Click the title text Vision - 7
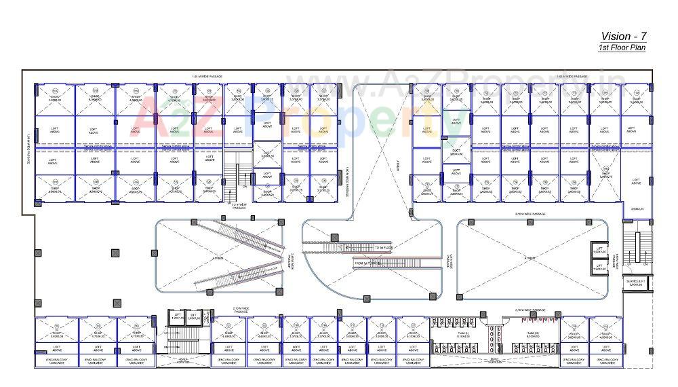(622, 36)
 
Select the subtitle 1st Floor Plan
(622, 48)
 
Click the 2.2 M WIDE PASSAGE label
(239, 206)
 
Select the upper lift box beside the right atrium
(599, 249)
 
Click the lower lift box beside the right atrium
(599, 268)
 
